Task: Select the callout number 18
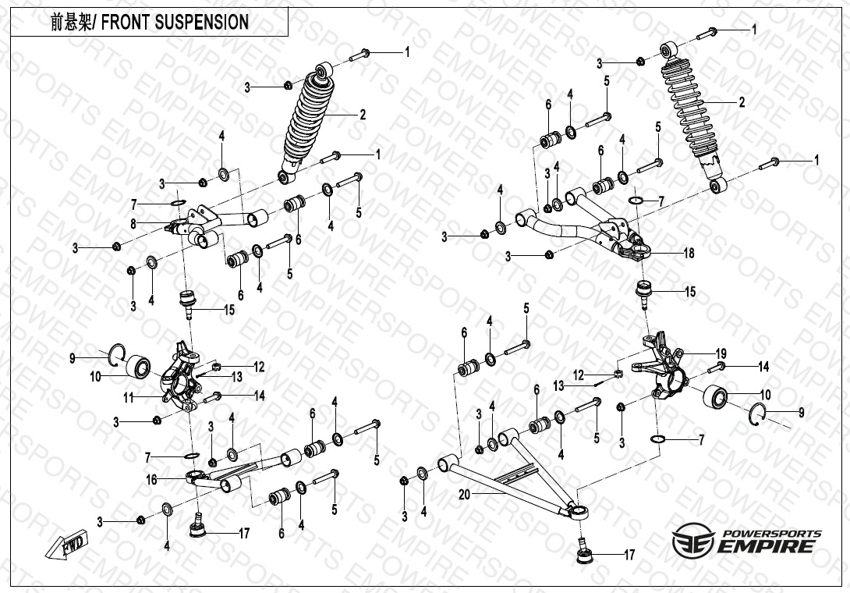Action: tap(689, 254)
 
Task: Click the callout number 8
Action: tap(133, 223)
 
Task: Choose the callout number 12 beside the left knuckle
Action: tap(259, 366)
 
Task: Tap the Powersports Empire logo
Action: tap(746, 541)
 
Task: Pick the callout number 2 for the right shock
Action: tap(742, 102)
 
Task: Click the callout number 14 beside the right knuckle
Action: tap(763, 365)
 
